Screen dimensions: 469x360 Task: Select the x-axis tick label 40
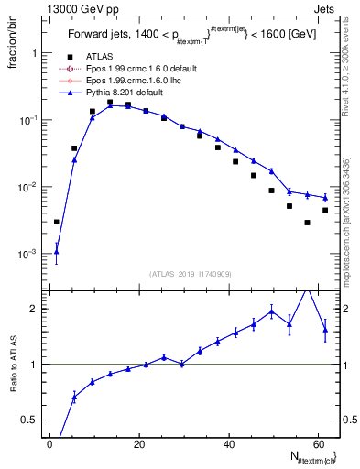[227, 444]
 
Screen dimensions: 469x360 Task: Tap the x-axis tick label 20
[138, 444]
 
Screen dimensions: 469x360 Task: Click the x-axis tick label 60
[316, 444]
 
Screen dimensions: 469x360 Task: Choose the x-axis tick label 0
[49, 444]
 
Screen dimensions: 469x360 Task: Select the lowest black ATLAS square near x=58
[308, 222]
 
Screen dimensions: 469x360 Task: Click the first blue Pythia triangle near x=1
[57, 251]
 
